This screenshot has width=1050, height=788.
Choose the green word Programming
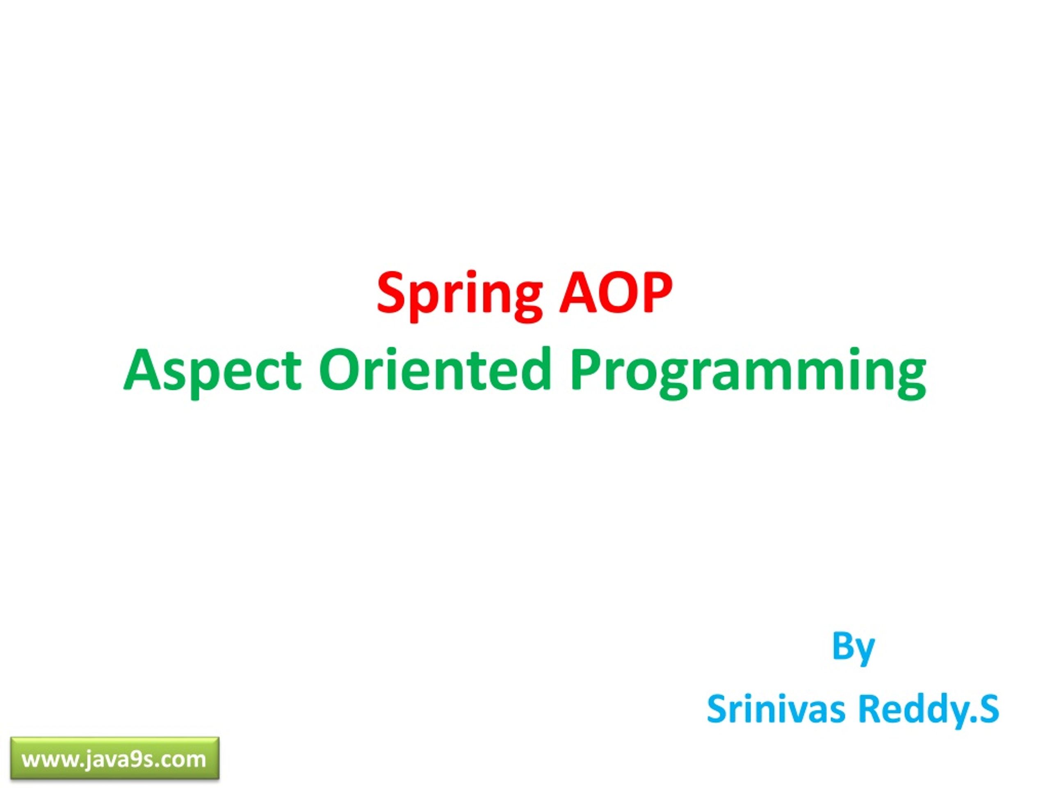point(748,371)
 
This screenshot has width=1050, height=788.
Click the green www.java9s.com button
point(115,758)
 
